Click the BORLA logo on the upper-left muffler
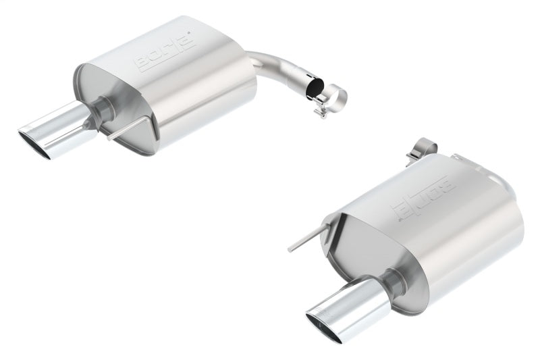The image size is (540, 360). [166, 52]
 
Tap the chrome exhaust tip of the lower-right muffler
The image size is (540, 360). [344, 311]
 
